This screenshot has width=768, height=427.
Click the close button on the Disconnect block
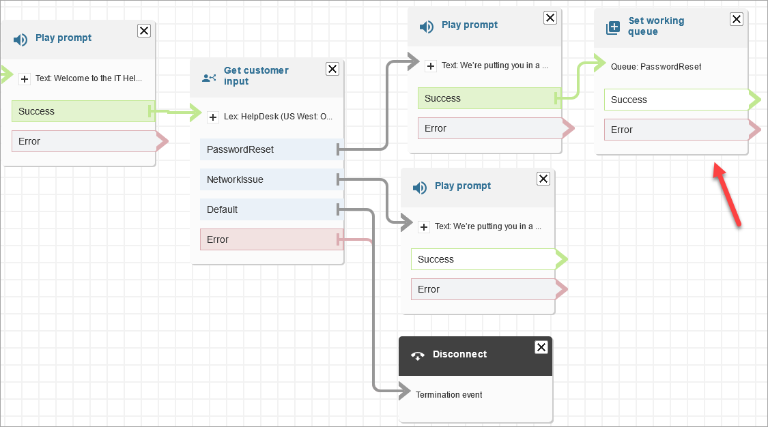pyautogui.click(x=541, y=347)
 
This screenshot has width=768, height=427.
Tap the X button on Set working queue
pyautogui.click(x=737, y=19)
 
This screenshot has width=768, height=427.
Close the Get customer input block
pyautogui.click(x=332, y=69)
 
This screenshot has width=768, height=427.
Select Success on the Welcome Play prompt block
pyautogui.click(x=83, y=111)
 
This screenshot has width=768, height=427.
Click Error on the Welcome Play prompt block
pyautogui.click(x=83, y=141)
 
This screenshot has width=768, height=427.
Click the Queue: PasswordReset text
pyautogui.click(x=656, y=67)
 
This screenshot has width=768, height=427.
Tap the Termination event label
pyautogui.click(x=449, y=395)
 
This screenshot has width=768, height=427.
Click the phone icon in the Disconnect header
pyautogui.click(x=417, y=355)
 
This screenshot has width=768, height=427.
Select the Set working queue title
pyautogui.click(x=655, y=26)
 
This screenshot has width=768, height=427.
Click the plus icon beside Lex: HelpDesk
pyautogui.click(x=213, y=117)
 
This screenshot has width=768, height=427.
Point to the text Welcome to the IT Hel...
pyautogui.click(x=89, y=78)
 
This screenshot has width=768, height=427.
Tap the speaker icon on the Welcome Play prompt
pyautogui.click(x=20, y=40)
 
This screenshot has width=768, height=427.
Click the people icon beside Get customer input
pyautogui.click(x=209, y=77)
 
